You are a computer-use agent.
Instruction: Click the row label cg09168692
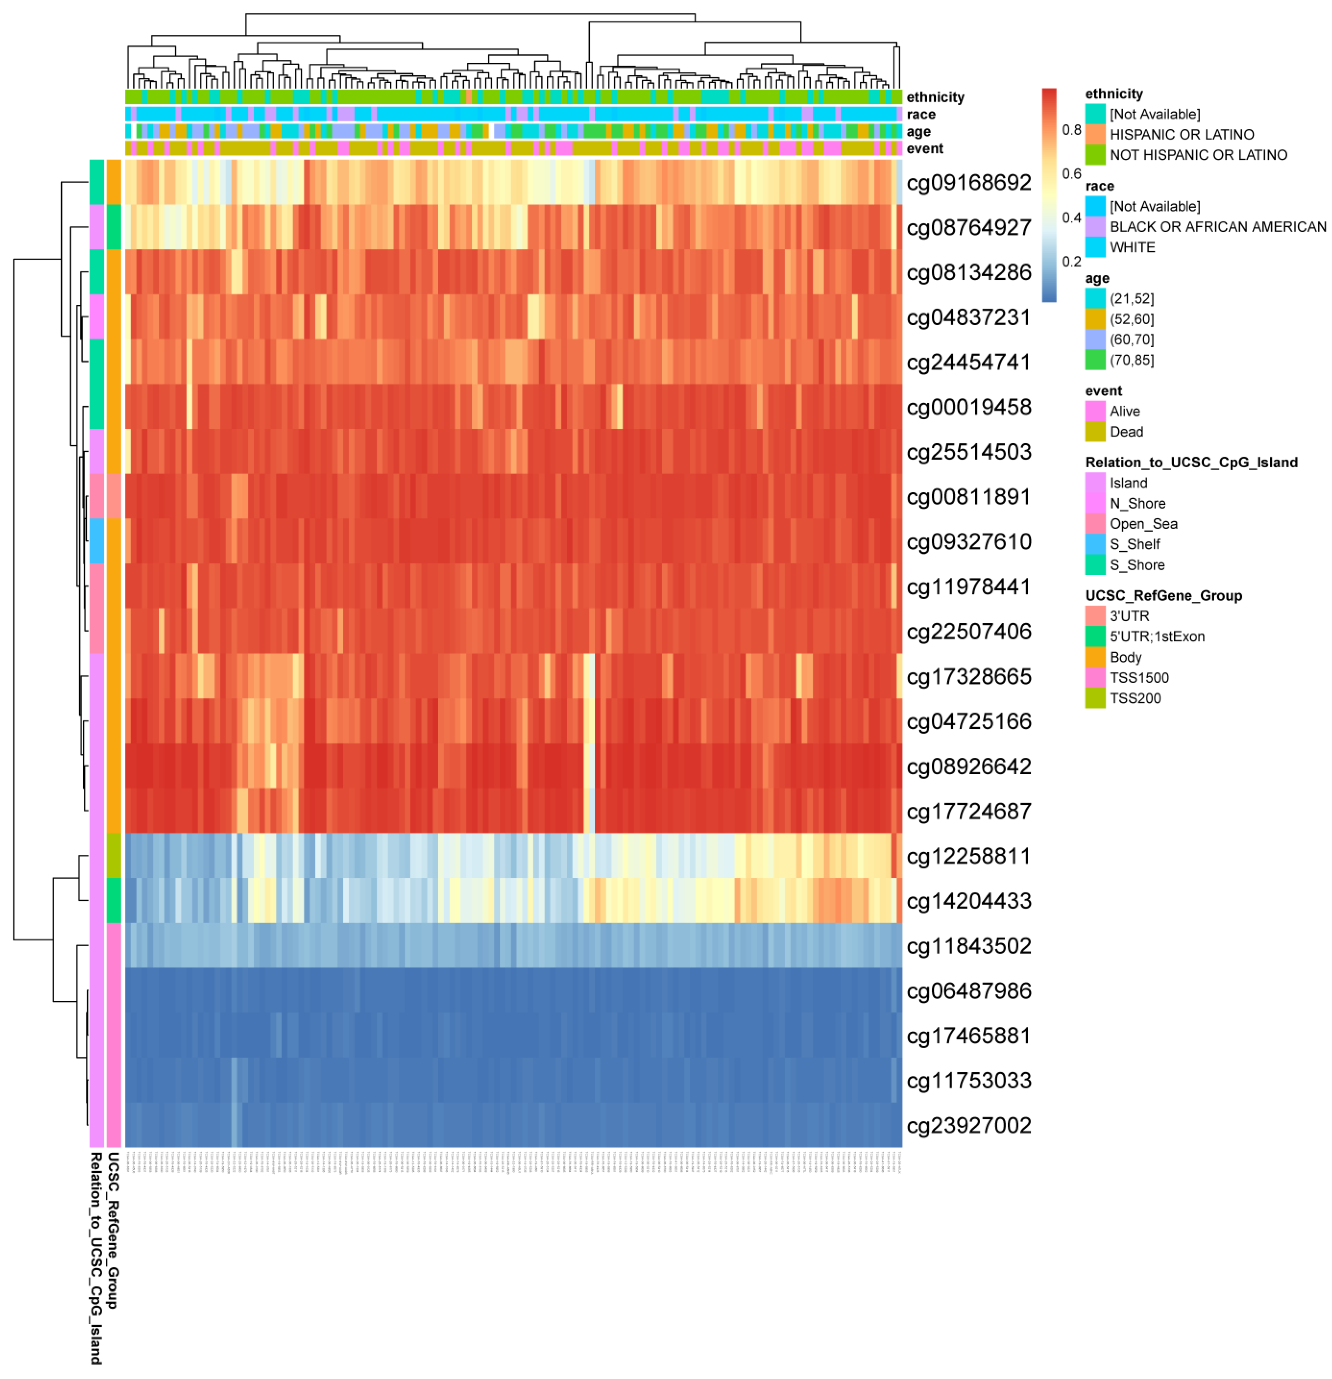968,183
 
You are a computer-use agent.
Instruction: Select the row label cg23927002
968,1126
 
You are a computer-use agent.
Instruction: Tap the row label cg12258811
968,856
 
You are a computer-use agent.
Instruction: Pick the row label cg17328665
968,677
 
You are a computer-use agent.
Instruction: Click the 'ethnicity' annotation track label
935,97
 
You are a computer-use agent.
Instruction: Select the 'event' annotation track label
924,149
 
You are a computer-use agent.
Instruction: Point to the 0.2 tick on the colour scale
1071,262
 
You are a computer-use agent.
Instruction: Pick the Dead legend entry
1125,431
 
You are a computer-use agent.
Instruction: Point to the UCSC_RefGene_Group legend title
1163,595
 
